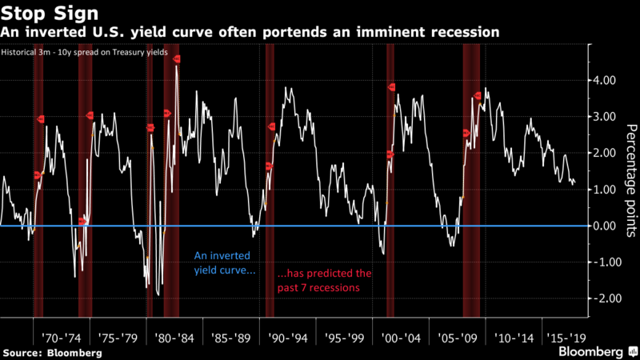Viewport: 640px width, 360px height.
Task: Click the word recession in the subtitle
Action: coord(463,32)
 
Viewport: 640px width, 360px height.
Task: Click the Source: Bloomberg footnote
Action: coord(52,353)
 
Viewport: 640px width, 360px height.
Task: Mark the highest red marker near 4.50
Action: coord(177,59)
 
